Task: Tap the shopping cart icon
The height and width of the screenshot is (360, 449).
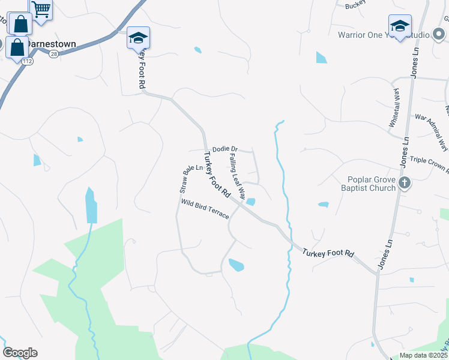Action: coord(41,9)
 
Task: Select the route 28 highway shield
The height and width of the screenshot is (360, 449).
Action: coord(53,54)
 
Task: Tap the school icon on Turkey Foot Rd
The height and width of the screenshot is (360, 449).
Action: coord(138,38)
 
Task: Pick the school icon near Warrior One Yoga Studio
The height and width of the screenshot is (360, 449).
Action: coord(400,26)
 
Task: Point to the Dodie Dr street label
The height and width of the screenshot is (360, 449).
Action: coord(225,149)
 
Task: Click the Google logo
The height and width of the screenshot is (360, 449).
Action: coord(20,353)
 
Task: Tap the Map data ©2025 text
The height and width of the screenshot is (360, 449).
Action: coord(423,355)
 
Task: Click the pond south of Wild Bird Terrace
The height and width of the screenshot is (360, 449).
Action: coord(236,265)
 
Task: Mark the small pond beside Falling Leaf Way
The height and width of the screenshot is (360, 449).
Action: coord(250,202)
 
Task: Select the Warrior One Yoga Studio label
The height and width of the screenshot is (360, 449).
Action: coord(384,35)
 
